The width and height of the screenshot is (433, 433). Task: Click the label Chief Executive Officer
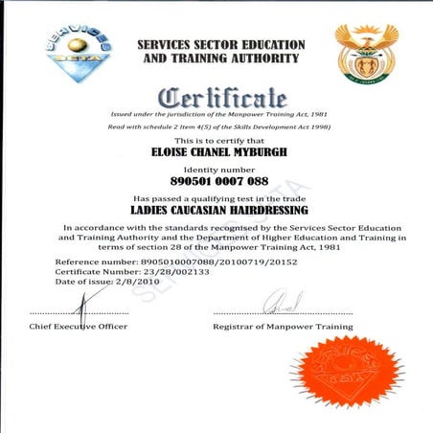(79, 328)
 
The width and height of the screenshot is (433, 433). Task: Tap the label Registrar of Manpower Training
(283, 328)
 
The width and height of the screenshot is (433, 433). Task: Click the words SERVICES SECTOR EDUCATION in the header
(221, 45)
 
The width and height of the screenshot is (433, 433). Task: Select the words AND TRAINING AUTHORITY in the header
(221, 58)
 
